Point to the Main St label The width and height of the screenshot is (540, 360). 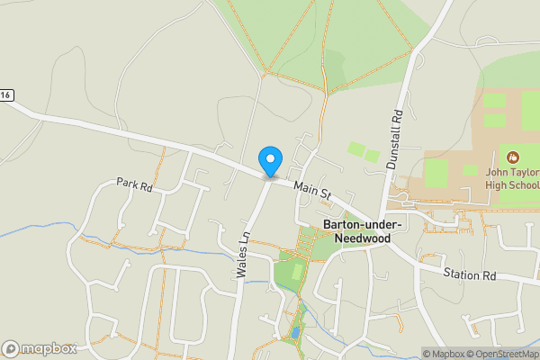pos(312,188)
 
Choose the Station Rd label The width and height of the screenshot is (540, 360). pos(470,273)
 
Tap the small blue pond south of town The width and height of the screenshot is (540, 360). pos(296,333)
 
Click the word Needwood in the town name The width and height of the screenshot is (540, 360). pos(363,238)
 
